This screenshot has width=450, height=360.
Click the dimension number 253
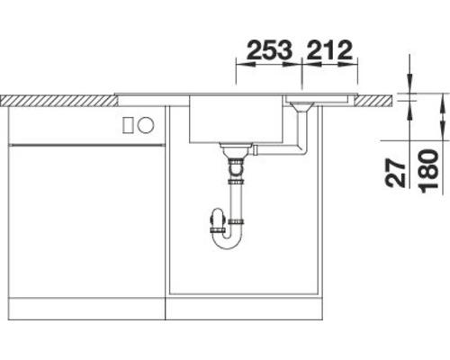tap(269, 49)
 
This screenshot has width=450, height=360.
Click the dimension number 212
tap(329, 49)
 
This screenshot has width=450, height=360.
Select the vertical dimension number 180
tap(429, 172)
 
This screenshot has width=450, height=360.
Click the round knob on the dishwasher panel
tap(146, 125)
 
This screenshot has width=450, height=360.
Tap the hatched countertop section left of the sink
tap(59, 101)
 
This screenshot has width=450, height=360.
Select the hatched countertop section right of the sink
tap(373, 101)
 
